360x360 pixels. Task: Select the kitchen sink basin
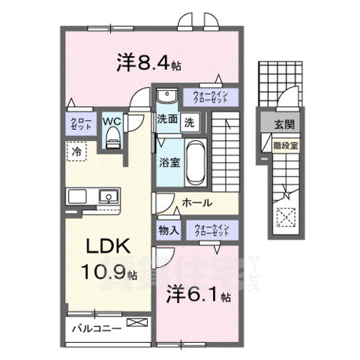(x=109, y=197)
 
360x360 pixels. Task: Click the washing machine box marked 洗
(x=190, y=121)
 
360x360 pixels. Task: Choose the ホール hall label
(x=197, y=202)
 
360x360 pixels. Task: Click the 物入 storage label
(x=169, y=229)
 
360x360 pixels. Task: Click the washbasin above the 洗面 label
(x=166, y=95)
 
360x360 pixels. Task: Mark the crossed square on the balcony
(x=138, y=323)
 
